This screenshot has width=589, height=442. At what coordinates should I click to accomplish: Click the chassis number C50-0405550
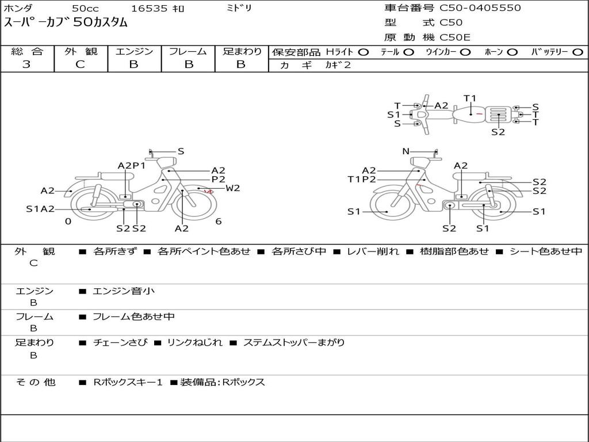pos(480,8)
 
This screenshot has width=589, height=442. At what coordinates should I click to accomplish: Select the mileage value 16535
pos(149,9)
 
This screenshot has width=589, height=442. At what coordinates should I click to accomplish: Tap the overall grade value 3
pos(26,64)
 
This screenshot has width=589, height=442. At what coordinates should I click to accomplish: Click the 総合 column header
pos(27,52)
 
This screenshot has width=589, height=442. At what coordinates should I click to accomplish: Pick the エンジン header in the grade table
pos(134,52)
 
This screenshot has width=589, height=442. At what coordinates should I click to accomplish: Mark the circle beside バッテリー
pos(577,52)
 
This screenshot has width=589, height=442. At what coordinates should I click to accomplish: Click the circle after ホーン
pos(512,52)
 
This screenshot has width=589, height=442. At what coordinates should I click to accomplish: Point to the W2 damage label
pos(232,188)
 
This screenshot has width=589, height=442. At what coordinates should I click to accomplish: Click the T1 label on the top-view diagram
pos(470,98)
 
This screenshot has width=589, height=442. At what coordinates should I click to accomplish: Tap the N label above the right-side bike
pos(406,151)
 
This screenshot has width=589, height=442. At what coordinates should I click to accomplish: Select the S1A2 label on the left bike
pos(40,209)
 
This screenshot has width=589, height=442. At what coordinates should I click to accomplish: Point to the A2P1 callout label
pos(132,166)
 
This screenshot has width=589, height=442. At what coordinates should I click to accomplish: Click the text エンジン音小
pos(124,291)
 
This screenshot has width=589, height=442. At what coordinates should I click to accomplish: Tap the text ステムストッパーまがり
pos(294,342)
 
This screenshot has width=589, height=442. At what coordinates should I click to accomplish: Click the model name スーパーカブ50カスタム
pos(66,23)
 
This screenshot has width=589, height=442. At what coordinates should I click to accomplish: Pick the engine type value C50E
pos(455,37)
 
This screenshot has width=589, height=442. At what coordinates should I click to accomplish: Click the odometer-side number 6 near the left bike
pos(219,222)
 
